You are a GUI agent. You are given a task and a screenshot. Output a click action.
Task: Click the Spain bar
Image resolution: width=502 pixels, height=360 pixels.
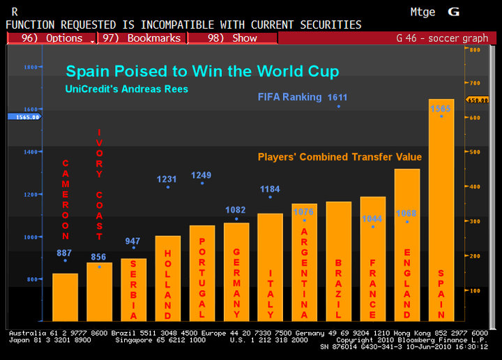click(x=441, y=209)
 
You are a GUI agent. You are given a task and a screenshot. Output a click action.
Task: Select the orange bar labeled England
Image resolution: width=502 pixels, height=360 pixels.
click(x=407, y=244)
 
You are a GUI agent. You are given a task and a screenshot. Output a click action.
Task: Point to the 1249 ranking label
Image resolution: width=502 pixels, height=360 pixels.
click(x=201, y=175)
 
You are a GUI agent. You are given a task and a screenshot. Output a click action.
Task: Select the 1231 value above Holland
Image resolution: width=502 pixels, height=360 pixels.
click(x=167, y=179)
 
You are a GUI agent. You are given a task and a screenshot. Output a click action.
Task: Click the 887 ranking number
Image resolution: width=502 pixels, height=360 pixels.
click(x=65, y=253)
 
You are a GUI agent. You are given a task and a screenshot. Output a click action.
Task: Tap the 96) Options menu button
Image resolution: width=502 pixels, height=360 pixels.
click(x=52, y=38)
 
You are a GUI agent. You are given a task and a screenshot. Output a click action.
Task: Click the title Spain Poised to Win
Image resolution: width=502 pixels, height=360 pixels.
click(x=202, y=71)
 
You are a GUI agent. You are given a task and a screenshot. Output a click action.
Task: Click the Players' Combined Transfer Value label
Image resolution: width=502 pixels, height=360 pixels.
click(x=340, y=157)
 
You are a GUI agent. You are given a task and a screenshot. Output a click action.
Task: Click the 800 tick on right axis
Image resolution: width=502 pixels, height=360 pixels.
click(x=475, y=50)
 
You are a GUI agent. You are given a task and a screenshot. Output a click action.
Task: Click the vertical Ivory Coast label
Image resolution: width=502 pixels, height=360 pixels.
click(x=100, y=183)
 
